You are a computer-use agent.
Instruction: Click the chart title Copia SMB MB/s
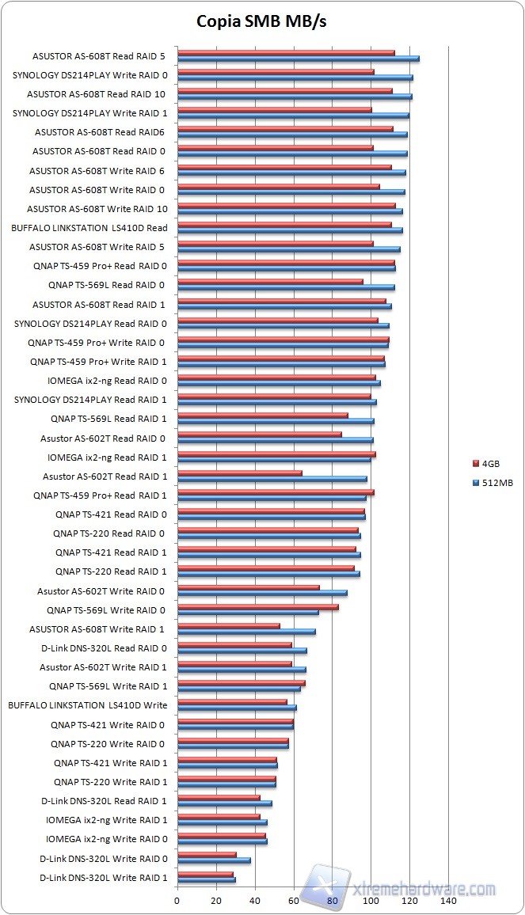pyautogui.click(x=261, y=21)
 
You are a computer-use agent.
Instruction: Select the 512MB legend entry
pyautogui.click(x=492, y=482)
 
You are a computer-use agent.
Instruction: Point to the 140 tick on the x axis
pyautogui.click(x=448, y=901)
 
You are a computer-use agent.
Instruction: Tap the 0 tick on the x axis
pyautogui.click(x=177, y=901)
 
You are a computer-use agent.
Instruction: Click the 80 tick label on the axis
pyautogui.click(x=332, y=901)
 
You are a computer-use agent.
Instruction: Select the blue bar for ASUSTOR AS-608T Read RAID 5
pyautogui.click(x=298, y=59)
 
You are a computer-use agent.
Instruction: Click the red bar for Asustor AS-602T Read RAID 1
pyautogui.click(x=239, y=473)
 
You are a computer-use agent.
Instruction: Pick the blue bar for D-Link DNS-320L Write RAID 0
pyautogui.click(x=214, y=860)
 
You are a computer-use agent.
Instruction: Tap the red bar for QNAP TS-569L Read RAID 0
pyautogui.click(x=270, y=281)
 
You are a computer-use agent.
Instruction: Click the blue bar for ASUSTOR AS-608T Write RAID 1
pyautogui.click(x=246, y=632)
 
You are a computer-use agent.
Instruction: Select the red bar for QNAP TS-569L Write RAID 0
pyautogui.click(x=257, y=607)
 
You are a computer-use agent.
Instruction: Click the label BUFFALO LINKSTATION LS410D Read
pyautogui.click(x=89, y=228)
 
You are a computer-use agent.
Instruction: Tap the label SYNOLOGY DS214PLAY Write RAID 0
pyautogui.click(x=89, y=75)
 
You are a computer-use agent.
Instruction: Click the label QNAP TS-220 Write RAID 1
pyautogui.click(x=110, y=782)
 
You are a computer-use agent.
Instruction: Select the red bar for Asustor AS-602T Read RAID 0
pyautogui.click(x=259, y=435)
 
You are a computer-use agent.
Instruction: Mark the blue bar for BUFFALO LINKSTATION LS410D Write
pyautogui.click(x=237, y=708)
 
